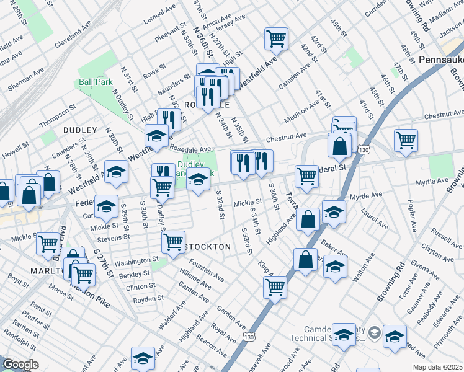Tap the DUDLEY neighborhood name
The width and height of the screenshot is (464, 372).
80,130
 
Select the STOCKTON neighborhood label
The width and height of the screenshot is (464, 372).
208,247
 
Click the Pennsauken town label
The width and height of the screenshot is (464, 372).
440,60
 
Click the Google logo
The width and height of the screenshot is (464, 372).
20,365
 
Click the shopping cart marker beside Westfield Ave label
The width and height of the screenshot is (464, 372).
276,38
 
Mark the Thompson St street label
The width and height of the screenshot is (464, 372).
57,115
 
